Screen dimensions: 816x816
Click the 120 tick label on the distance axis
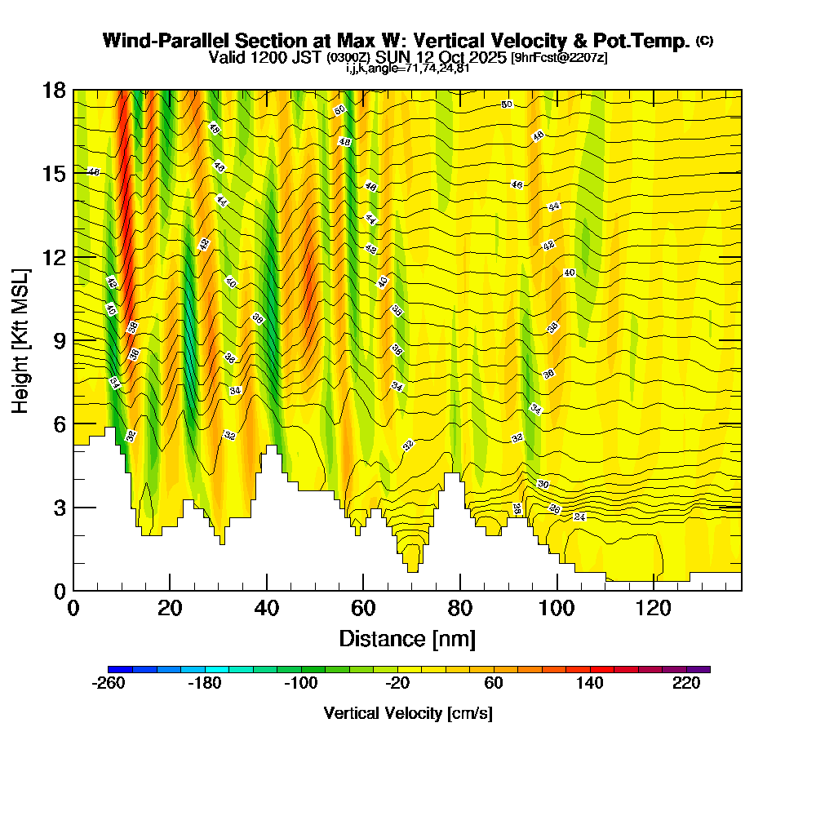654,609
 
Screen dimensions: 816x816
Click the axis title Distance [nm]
407,638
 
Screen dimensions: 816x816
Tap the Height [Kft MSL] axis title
20,339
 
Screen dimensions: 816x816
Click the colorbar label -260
109,684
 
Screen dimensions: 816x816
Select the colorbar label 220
686,684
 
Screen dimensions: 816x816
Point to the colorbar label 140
589,684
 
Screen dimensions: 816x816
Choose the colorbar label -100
300,684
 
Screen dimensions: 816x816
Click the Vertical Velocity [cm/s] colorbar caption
407,713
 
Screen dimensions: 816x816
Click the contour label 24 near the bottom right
580,517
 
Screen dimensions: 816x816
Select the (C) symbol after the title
704,41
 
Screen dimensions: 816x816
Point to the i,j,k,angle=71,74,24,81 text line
407,69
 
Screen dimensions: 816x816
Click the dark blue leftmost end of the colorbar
112,669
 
